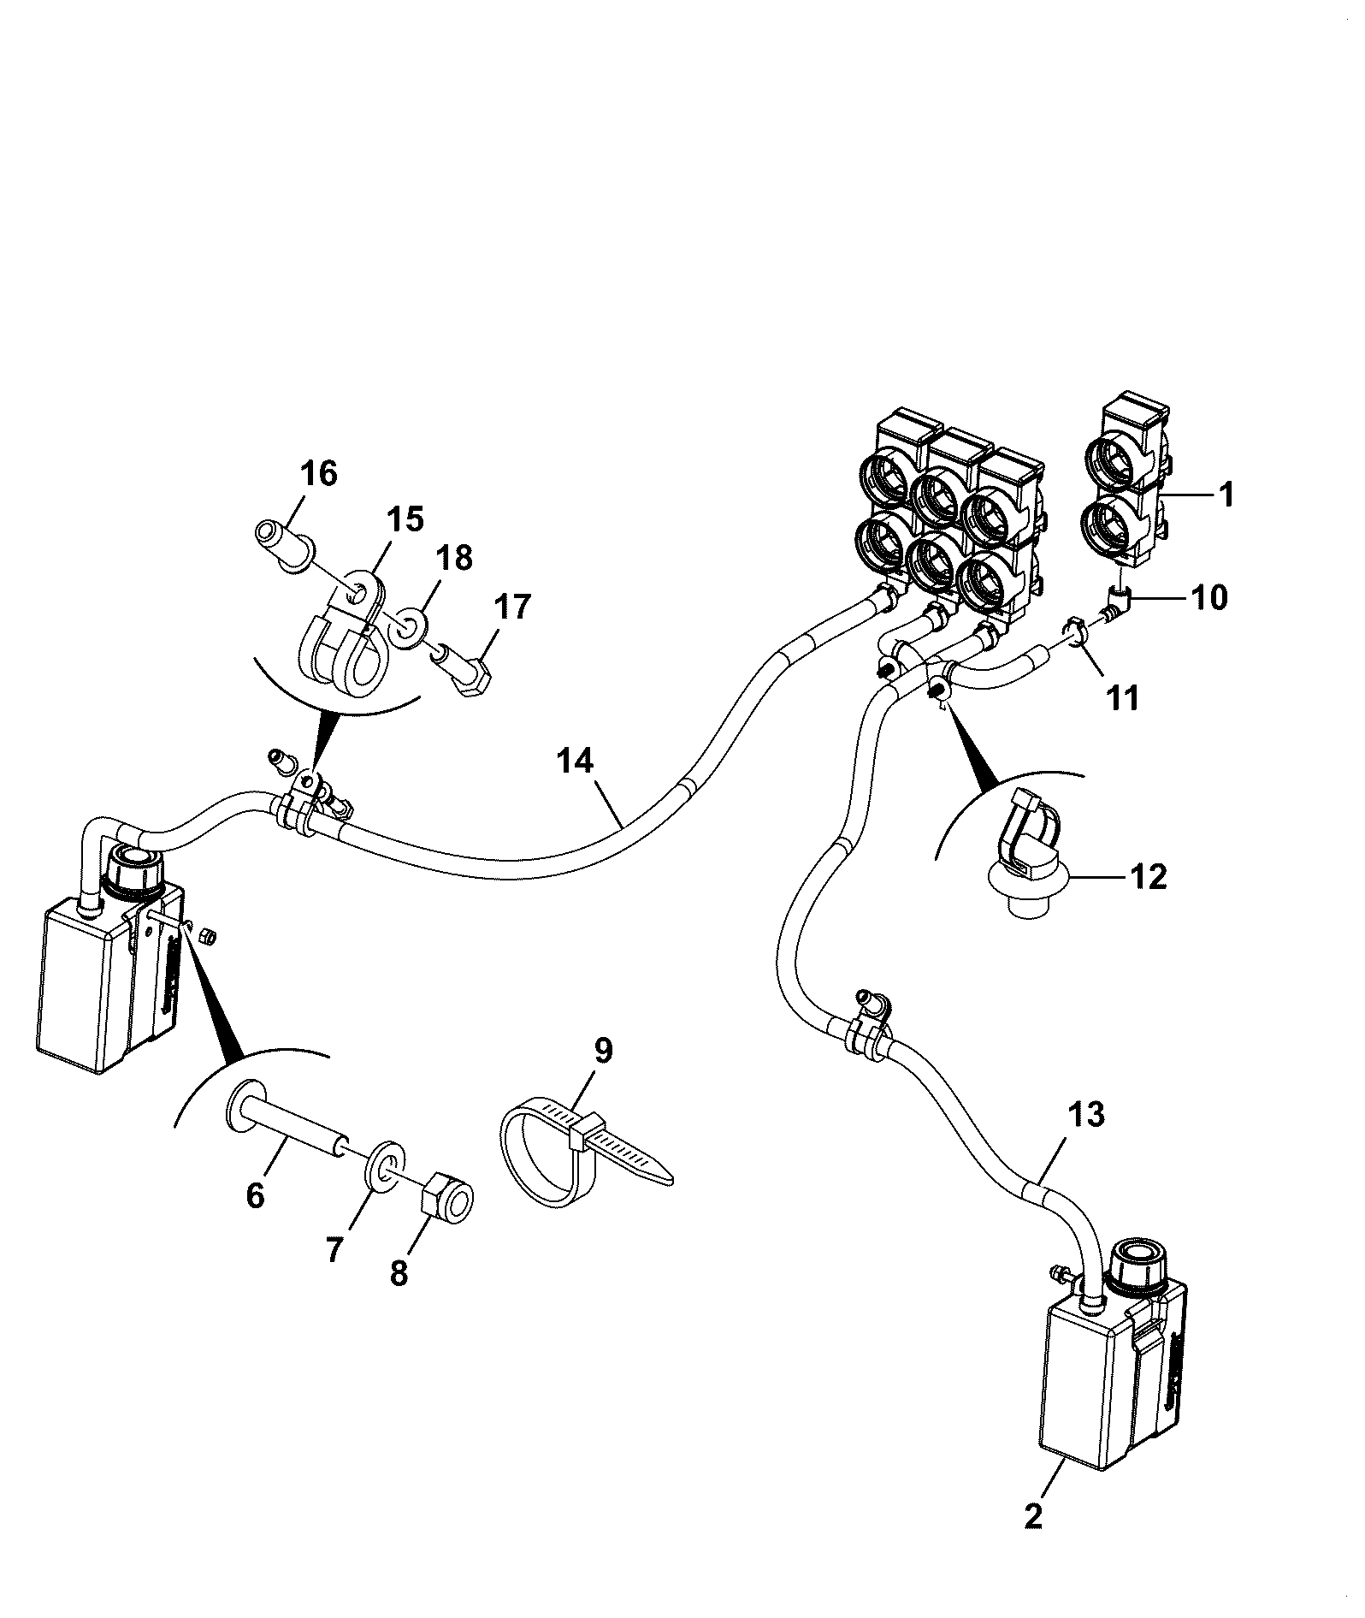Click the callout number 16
(x=319, y=473)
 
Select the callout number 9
(x=603, y=1051)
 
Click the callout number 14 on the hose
(x=576, y=761)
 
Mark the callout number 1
(x=1226, y=495)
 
